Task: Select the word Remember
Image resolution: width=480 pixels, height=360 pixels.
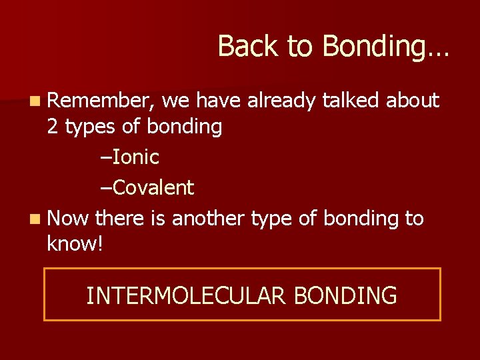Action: pos(101,101)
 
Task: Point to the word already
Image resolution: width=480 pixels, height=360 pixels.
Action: pos(282,101)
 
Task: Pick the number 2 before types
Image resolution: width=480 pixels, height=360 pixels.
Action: pos(53,127)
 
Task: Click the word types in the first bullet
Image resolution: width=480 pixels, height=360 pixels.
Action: pos(89,127)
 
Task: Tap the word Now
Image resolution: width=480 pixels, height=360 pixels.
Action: pos(69,219)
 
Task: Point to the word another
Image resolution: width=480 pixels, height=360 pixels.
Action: pos(209,219)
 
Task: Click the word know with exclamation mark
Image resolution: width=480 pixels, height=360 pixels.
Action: pos(75,244)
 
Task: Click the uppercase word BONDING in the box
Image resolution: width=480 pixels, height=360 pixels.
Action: pos(345,295)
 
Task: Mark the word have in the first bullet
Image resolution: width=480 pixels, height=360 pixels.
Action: pos(217,101)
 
